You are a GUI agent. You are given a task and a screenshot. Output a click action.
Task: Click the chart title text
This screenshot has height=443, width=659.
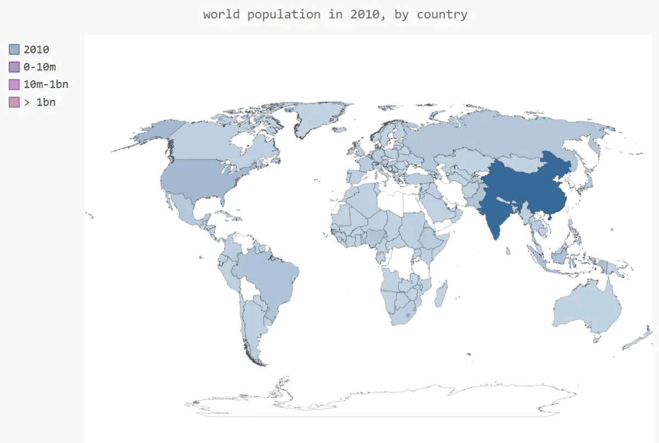[335, 14]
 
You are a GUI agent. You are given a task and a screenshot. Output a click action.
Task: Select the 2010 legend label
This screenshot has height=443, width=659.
[36, 49]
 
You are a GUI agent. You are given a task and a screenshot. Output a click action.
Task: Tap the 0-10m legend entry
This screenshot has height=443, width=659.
[40, 67]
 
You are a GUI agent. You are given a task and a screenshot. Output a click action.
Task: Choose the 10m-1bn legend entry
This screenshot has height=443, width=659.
[46, 85]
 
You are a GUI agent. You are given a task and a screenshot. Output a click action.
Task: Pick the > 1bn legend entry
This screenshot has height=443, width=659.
[40, 102]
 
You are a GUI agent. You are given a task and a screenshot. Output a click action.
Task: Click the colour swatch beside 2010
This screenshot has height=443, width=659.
[14, 49]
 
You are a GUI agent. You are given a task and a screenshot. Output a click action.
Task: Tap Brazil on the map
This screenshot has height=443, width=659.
[269, 275]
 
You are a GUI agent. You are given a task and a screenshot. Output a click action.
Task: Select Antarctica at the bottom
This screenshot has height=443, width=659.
[384, 401]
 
